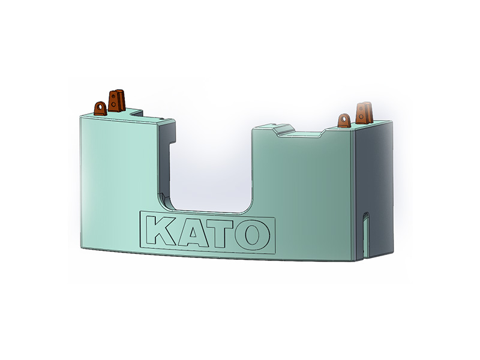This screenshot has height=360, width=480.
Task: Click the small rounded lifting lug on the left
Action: [100, 109]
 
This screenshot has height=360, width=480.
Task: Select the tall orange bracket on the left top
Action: [116, 100]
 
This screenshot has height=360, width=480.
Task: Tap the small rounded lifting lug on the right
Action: [344, 121]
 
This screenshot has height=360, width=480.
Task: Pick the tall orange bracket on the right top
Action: [364, 113]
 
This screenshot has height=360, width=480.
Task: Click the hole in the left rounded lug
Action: [99, 107]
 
